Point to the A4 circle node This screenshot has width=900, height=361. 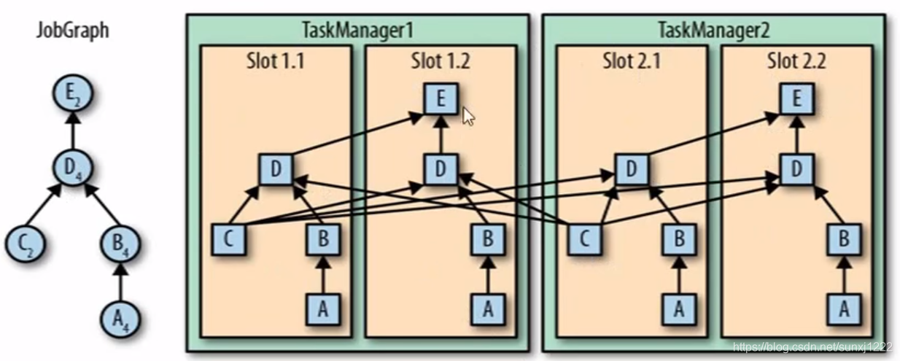tap(121, 318)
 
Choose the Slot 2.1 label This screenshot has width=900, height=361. tap(632, 61)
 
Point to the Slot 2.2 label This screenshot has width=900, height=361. tap(796, 61)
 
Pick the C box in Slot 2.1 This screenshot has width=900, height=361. tap(585, 239)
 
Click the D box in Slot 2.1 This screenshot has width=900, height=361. tap(631, 169)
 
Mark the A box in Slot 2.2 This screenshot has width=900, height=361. tap(844, 309)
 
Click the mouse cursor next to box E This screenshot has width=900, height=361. tap(469, 116)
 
